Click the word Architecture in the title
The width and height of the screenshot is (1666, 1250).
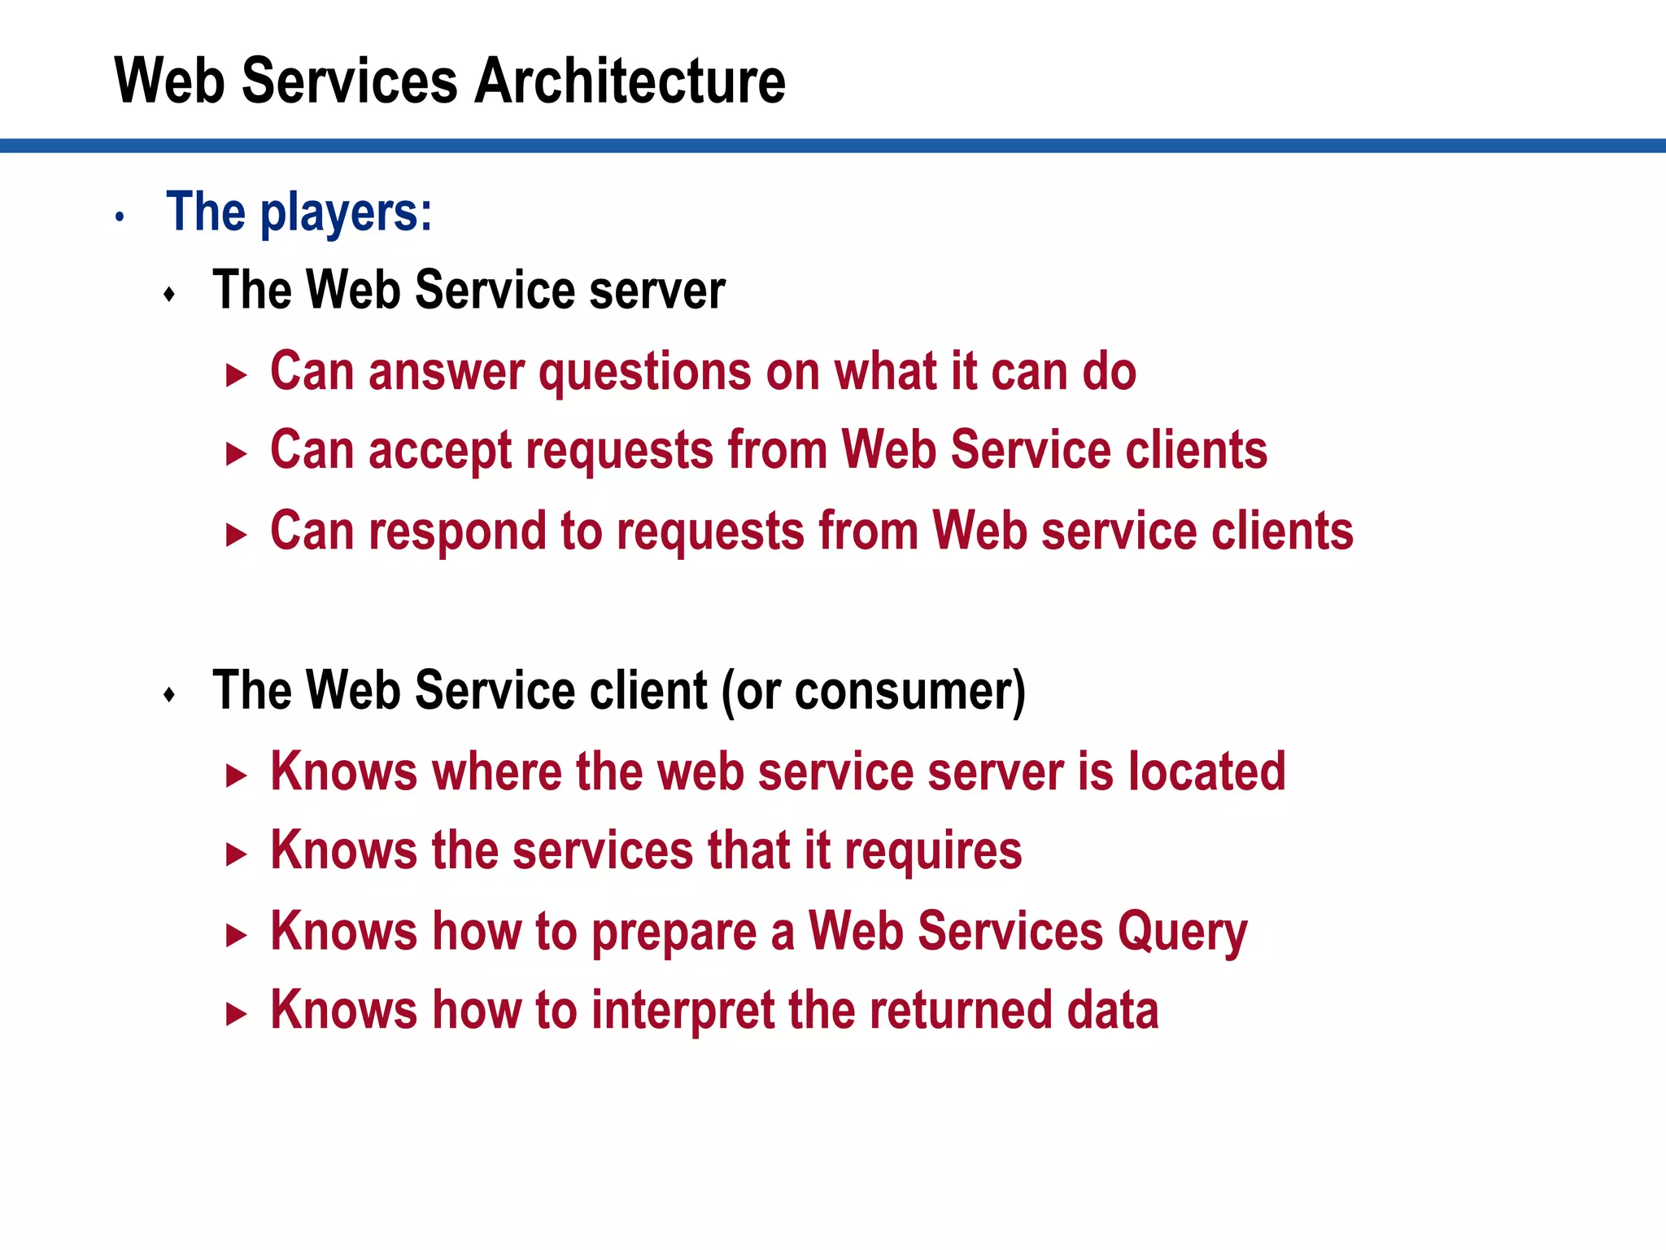pyautogui.click(x=630, y=81)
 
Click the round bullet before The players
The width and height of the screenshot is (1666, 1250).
pyautogui.click(x=120, y=216)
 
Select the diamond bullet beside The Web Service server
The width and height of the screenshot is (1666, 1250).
pyautogui.click(x=169, y=294)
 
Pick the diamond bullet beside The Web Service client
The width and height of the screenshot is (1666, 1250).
pyautogui.click(x=169, y=694)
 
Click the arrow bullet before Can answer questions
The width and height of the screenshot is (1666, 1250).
pyautogui.click(x=236, y=375)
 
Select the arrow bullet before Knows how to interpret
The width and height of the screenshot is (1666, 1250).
pyautogui.click(x=236, y=1014)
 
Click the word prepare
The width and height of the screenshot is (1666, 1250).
pyautogui.click(x=674, y=933)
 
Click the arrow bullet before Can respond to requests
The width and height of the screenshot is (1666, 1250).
pyautogui.click(x=236, y=535)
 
